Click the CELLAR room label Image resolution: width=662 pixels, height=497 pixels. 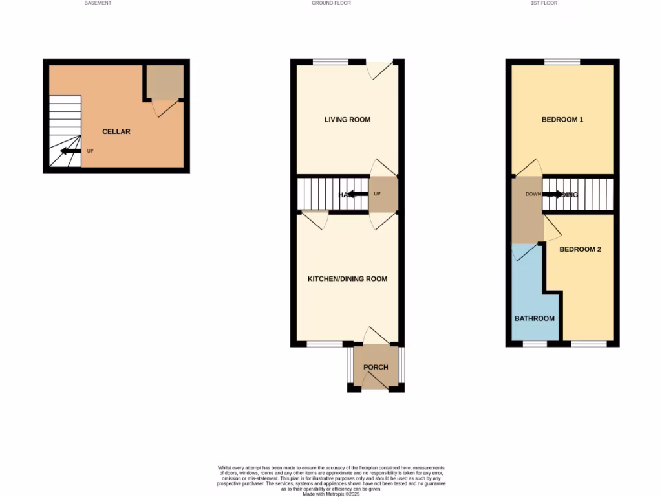point(116,131)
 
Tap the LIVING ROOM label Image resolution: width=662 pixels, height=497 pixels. point(347,120)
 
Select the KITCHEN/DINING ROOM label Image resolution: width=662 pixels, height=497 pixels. point(347,279)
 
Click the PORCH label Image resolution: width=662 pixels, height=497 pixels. point(376,367)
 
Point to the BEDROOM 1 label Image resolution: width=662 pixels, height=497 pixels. point(562,120)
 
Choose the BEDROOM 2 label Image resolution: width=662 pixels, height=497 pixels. point(580,249)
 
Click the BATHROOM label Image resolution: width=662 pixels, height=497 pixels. point(534,318)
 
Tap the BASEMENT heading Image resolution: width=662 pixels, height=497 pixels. point(98,3)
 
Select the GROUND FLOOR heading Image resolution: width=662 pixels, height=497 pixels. point(331,3)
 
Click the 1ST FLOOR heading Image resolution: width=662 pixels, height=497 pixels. point(544,3)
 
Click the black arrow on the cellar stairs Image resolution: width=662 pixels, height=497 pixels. point(67,151)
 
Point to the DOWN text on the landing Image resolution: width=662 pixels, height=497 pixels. point(533,193)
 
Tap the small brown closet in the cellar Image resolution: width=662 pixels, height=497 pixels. point(163,81)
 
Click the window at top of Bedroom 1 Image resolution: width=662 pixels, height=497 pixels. point(562,62)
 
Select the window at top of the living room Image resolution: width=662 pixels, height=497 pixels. point(330,62)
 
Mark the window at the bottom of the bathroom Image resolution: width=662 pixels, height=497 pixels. point(534,344)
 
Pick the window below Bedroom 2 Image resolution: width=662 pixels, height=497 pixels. point(588,344)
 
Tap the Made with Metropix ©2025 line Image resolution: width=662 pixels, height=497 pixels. point(331,494)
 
